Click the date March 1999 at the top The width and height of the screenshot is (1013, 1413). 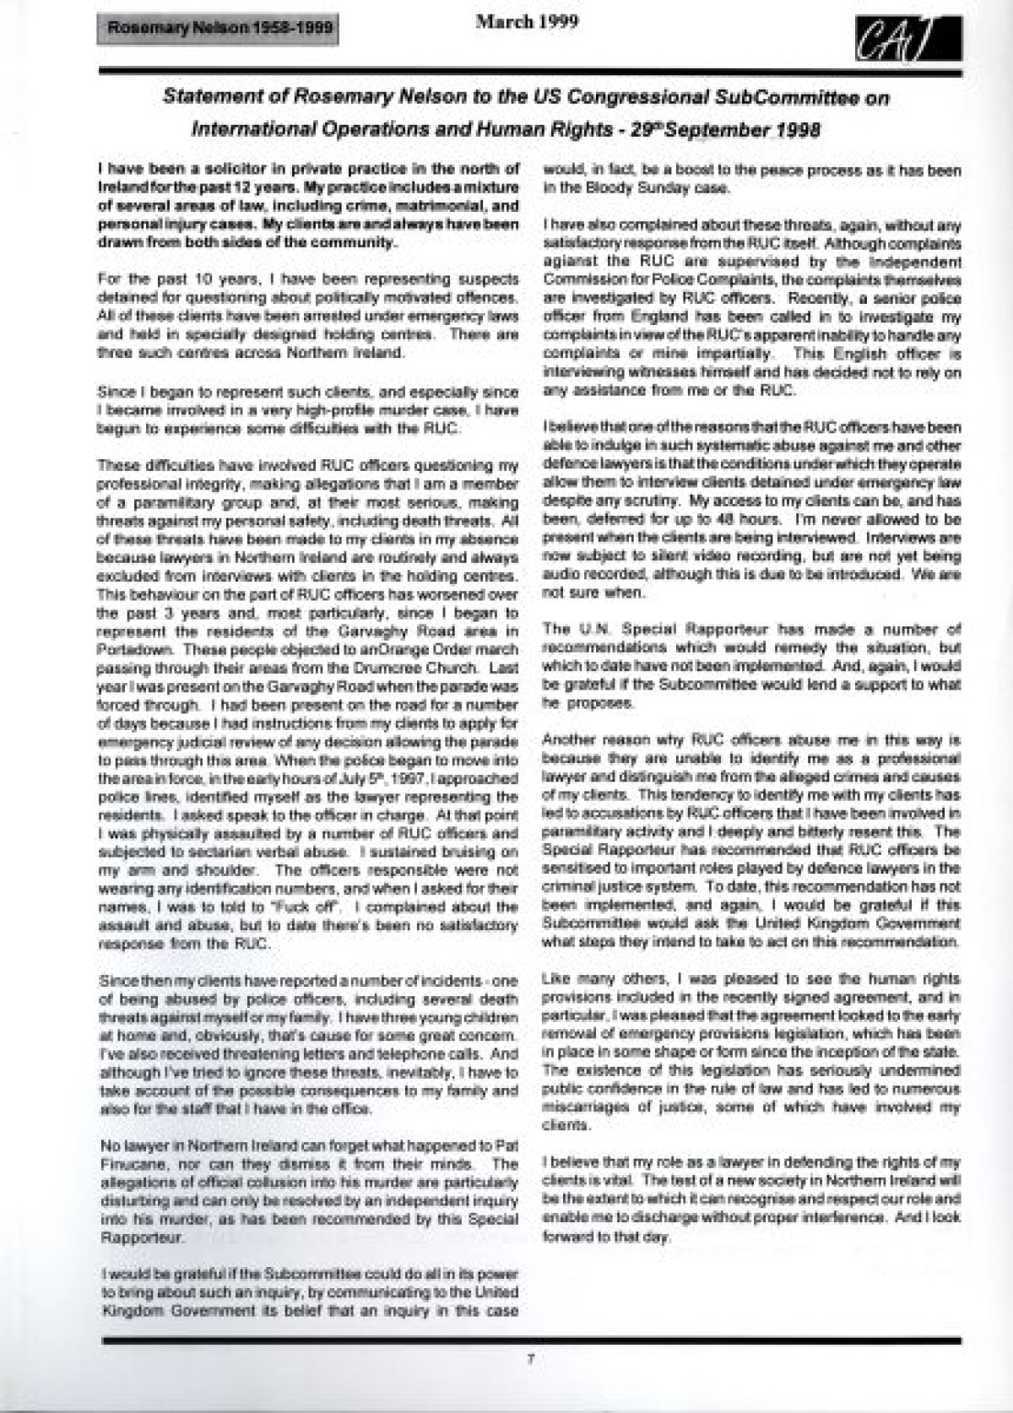click(x=527, y=22)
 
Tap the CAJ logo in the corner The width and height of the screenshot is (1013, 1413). click(x=907, y=40)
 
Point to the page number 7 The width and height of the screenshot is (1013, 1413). click(x=530, y=1359)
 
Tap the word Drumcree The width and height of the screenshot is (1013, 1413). click(x=397, y=668)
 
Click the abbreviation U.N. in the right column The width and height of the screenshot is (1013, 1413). click(x=588, y=630)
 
